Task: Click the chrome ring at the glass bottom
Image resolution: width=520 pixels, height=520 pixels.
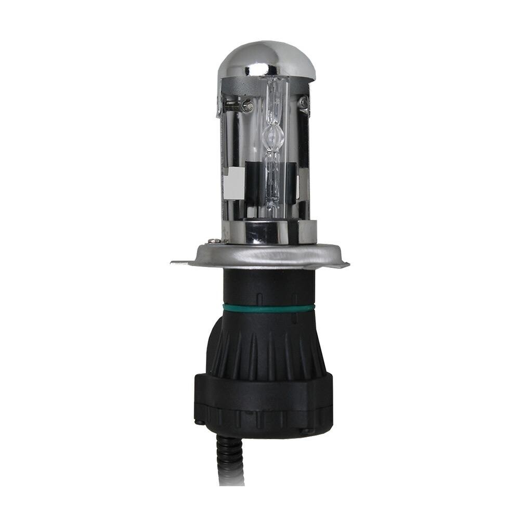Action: point(273,229)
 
